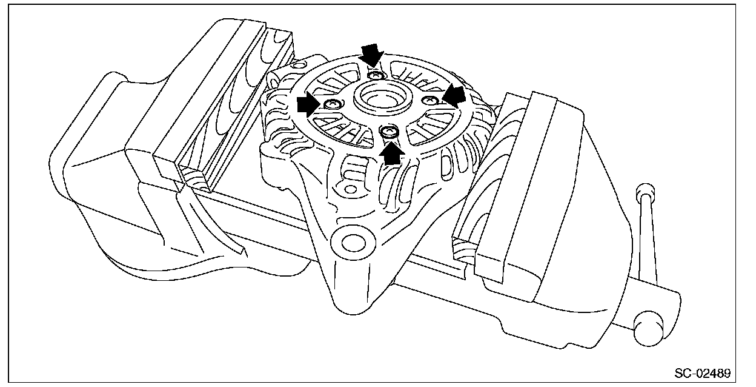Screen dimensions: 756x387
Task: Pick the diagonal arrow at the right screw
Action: coord(453,96)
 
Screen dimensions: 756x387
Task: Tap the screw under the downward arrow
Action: coord(376,75)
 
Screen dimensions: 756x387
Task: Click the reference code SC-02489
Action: coord(702,371)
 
